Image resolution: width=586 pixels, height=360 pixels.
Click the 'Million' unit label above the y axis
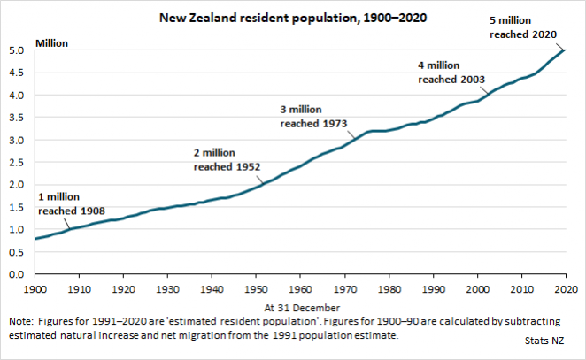point(51,42)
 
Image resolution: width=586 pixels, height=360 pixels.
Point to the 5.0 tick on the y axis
point(17,50)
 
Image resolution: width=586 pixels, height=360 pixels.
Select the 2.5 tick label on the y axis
point(17,163)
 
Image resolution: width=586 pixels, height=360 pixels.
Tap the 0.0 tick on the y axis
point(17,275)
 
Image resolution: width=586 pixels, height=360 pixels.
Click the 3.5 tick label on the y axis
point(17,118)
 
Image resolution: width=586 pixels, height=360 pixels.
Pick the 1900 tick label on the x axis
point(35,289)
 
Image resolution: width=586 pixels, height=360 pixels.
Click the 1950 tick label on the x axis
point(256,289)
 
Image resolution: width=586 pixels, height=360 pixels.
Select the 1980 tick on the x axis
point(389,289)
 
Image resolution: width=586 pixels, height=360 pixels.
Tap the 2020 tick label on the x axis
point(566,289)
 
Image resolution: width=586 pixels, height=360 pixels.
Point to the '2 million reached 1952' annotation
point(225,158)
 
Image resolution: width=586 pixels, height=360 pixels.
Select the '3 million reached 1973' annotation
point(312,116)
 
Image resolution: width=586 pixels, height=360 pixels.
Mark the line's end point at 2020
point(567,50)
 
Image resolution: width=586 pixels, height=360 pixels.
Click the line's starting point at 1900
point(35,239)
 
